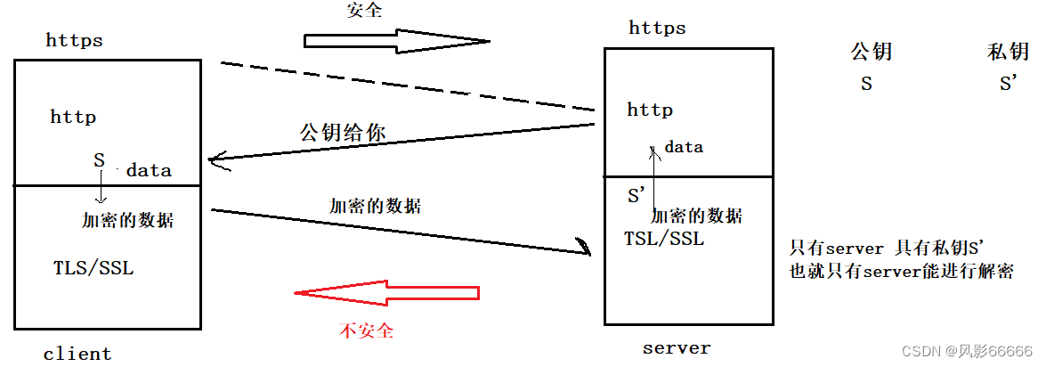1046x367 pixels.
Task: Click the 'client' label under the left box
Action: (x=77, y=354)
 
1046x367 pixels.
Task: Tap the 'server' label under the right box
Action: (x=677, y=347)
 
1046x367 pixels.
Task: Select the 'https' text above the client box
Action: (x=74, y=40)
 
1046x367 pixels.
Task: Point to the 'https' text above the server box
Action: (x=657, y=28)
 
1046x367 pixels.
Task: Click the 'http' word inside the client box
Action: (x=73, y=117)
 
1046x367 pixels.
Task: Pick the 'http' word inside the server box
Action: (x=650, y=110)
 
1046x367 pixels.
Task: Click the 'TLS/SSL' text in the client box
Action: (x=93, y=267)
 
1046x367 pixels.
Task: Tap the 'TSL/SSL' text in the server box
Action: (x=664, y=239)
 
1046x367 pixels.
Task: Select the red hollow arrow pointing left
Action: (x=387, y=293)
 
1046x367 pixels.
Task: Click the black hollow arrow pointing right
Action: (x=396, y=40)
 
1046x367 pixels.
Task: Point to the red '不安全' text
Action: (x=366, y=330)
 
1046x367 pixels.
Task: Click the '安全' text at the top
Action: (x=364, y=11)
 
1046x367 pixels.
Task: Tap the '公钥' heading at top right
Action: (x=872, y=52)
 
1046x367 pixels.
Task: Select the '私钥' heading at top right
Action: (x=1008, y=52)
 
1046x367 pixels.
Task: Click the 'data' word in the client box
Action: (x=149, y=170)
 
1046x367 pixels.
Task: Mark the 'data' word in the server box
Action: (x=684, y=147)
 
